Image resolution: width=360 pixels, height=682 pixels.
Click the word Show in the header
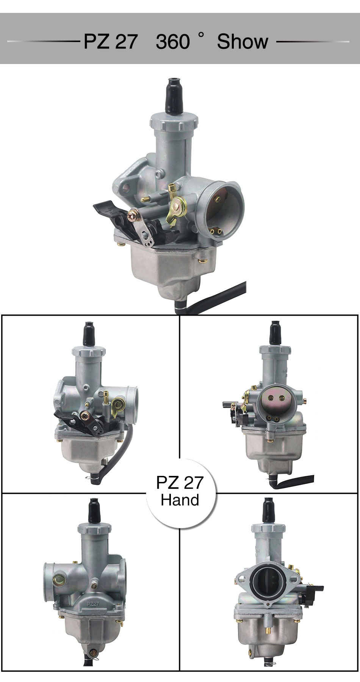[242, 42]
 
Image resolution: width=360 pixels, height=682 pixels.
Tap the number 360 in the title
[172, 42]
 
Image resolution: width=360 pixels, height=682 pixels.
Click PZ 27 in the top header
[110, 42]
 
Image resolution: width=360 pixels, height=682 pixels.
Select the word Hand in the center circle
[180, 500]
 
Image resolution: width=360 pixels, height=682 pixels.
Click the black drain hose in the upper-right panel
[296, 481]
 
